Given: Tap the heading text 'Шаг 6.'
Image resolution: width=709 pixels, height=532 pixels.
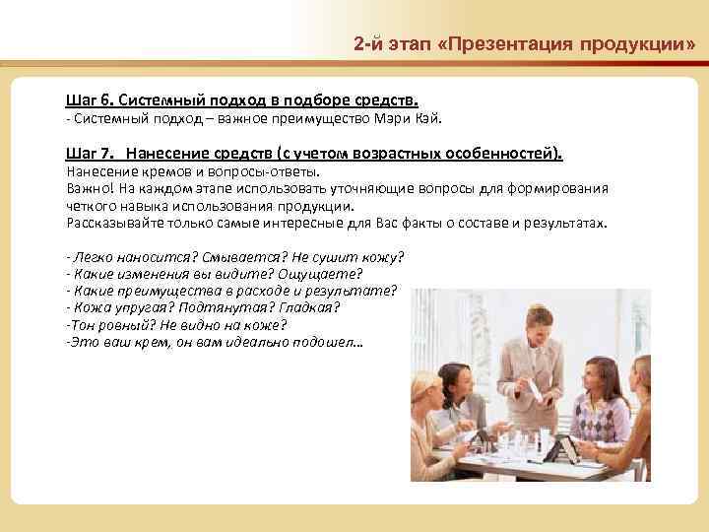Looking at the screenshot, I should (x=89, y=100).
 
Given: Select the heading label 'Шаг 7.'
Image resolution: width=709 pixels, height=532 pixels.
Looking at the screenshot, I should (x=89, y=154).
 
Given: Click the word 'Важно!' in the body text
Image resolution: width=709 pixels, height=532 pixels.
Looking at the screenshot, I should (x=89, y=186).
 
